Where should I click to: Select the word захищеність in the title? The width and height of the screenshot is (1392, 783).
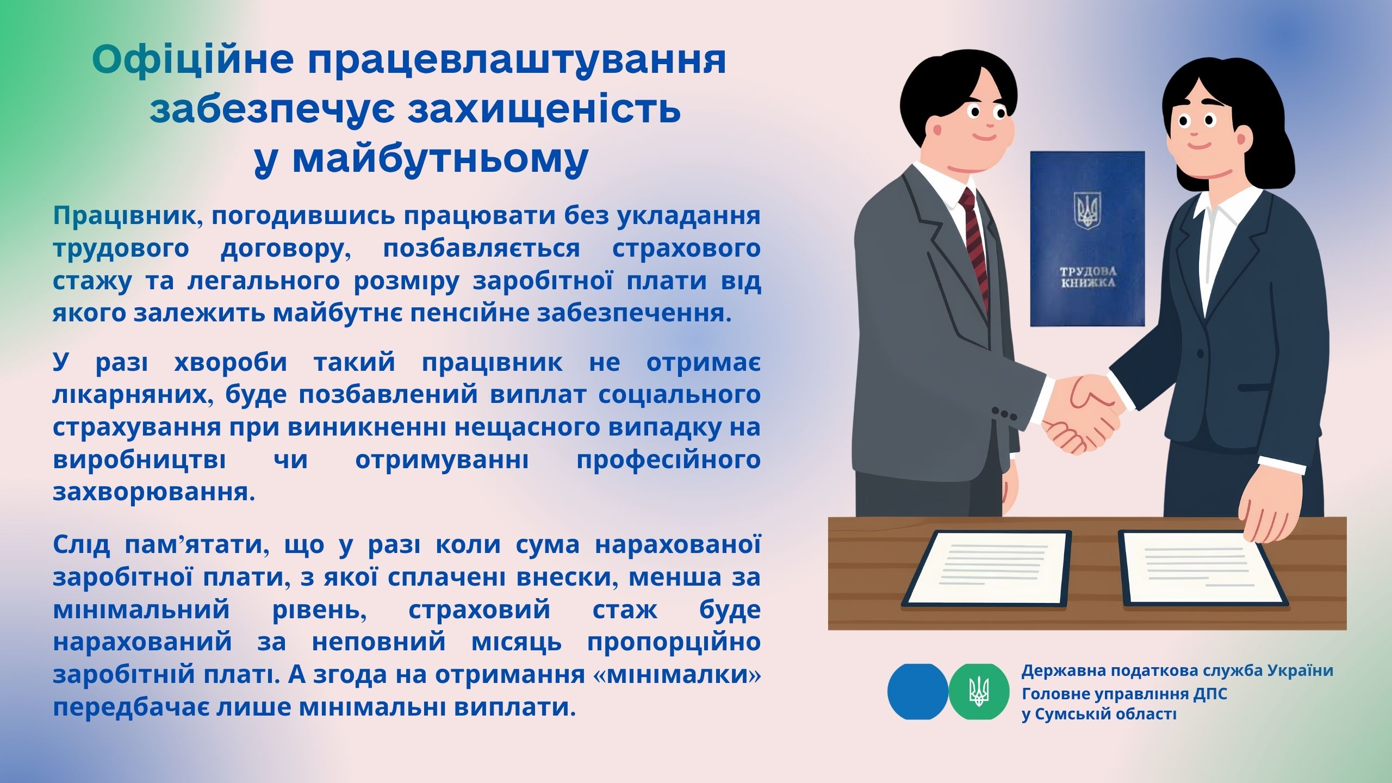pos(544,109)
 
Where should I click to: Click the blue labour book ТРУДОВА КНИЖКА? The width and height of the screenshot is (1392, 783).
pos(1087,239)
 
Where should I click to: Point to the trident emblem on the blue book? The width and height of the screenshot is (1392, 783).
pos(1087,210)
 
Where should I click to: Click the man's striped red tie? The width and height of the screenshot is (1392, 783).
pos(976,245)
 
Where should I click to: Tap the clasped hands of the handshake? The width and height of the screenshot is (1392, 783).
pos(1082,413)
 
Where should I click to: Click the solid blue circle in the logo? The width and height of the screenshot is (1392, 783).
pos(918,692)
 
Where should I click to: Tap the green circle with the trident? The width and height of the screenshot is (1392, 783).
pos(979,692)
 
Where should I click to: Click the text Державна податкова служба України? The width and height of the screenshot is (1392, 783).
pos(1177,671)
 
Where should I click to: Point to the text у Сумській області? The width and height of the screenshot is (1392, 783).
pos(1099,714)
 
